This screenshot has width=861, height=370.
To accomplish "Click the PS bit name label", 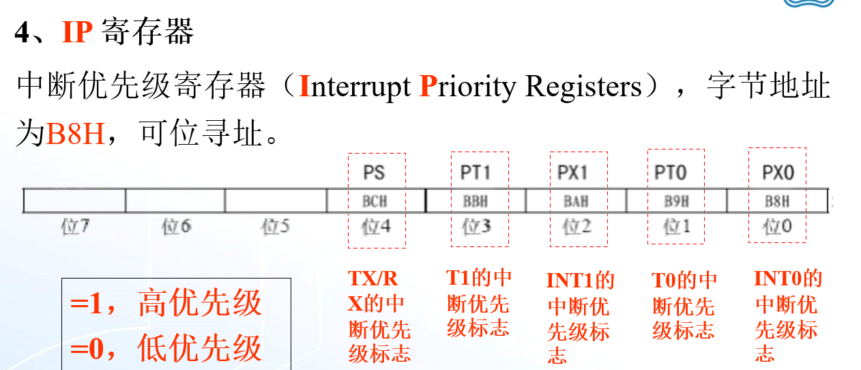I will coord(375,173).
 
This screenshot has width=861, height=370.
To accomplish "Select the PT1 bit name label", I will coord(476,173).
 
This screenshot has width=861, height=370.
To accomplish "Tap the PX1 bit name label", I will coord(572,173).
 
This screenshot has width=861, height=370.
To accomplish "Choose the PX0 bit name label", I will coord(778,173).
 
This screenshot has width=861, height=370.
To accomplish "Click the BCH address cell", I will coord(375,201).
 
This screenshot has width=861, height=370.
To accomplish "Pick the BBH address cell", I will coord(476,201).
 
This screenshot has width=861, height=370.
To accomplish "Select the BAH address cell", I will coord(575,201).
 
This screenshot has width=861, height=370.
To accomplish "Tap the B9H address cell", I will coord(676,201).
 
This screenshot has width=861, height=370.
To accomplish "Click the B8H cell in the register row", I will coord(776,201).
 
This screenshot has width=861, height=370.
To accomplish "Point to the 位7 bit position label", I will coord(75,227).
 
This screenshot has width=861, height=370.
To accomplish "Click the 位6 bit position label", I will coord(175,227).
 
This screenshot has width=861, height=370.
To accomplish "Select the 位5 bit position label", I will coord(275,227).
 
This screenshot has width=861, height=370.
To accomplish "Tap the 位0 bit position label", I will coord(777,227).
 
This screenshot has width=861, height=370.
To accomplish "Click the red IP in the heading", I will coord(77,31).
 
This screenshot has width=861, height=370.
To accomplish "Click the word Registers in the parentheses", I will coord(583,87).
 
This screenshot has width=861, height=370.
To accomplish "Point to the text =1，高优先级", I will coord(166,303).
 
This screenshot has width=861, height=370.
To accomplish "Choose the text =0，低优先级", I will coord(166,347).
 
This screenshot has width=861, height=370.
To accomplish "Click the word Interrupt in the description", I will coord(355,87).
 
